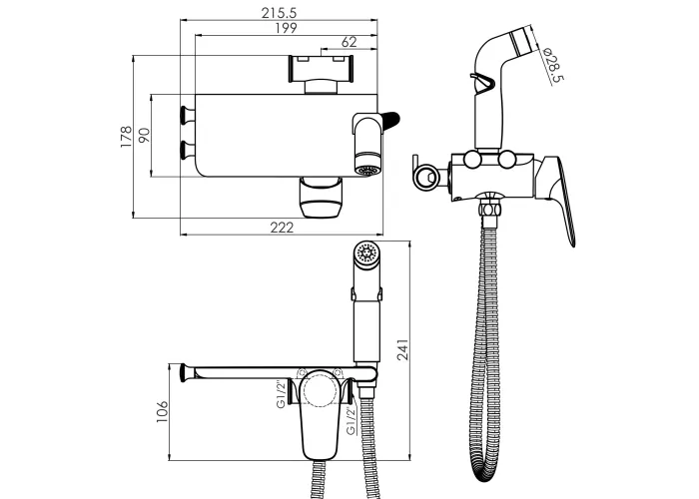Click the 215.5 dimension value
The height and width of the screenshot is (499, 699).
(x=279, y=12)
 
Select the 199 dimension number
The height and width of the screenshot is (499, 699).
(x=286, y=28)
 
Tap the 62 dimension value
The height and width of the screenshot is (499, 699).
(x=349, y=42)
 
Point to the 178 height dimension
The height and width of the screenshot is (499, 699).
(x=127, y=137)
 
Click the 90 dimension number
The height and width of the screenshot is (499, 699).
(x=144, y=136)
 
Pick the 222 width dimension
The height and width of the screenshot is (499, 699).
(x=283, y=228)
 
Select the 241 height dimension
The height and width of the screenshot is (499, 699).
(x=402, y=349)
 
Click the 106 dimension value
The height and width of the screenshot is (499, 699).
(x=162, y=411)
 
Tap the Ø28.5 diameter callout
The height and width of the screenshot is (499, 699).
(x=554, y=65)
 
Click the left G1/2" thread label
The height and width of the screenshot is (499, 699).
(x=281, y=394)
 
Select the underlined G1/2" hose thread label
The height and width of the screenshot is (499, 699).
(x=351, y=420)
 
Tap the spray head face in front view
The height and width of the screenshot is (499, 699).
(x=367, y=252)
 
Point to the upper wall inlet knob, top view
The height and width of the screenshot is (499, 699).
(x=186, y=115)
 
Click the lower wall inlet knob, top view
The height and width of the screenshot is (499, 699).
(x=186, y=150)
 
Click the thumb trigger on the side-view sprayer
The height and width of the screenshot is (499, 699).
(x=482, y=83)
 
